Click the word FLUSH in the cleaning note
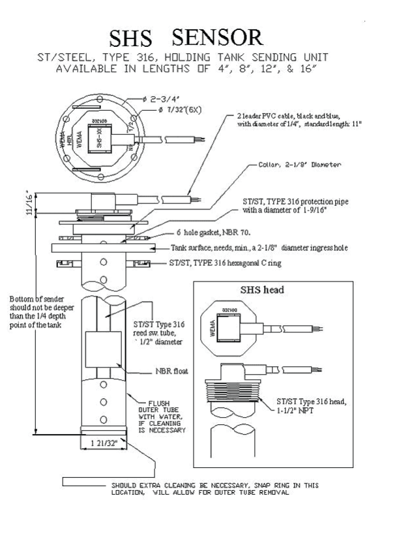click(x=161, y=403)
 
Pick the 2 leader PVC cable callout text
click(x=291, y=119)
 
